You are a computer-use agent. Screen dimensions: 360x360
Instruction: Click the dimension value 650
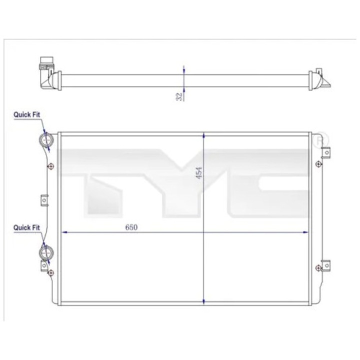click(x=131, y=226)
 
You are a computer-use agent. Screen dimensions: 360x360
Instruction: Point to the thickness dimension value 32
click(x=178, y=96)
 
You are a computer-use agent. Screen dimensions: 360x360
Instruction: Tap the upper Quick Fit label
click(x=27, y=114)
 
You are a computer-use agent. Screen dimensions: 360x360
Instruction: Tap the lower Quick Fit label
click(x=27, y=227)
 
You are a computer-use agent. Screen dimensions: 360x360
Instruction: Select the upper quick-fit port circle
click(x=46, y=141)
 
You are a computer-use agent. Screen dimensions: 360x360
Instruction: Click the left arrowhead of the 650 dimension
click(x=63, y=232)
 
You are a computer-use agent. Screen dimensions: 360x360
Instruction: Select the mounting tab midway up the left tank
click(x=43, y=200)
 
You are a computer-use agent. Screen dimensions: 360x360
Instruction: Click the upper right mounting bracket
click(x=325, y=152)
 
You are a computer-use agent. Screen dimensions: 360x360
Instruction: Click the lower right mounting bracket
click(x=325, y=265)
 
